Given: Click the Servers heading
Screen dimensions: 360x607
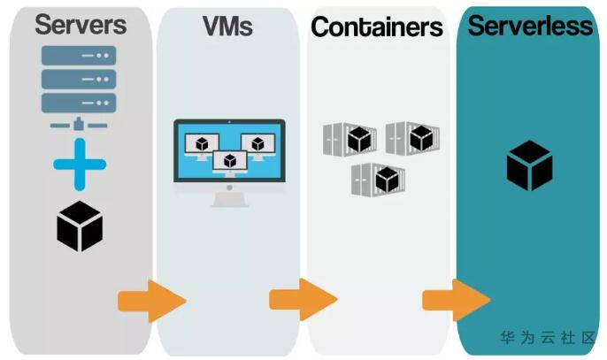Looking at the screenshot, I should coord(80,25).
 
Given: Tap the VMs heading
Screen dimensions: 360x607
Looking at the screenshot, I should coord(228,27).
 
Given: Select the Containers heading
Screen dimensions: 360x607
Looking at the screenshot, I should coord(377,28).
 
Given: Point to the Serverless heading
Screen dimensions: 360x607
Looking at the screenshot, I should coord(530,26).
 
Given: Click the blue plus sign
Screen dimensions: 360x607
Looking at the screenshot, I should coord(80,165).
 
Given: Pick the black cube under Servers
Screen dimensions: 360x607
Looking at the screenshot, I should coord(80,226).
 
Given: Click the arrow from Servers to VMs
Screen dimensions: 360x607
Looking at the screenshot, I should coord(151,301).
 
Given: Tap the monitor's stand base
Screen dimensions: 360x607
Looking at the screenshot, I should coord(229,202).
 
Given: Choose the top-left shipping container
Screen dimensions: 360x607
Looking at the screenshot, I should coord(348,139).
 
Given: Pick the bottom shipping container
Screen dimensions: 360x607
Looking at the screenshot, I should coord(376,179).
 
